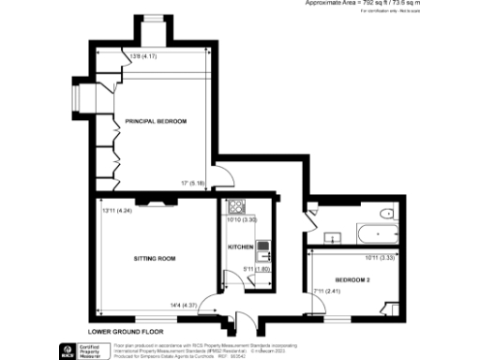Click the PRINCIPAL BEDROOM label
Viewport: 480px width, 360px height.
pos(157,121)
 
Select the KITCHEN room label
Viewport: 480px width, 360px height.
pos(241,247)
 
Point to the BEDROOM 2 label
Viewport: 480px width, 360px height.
pos(350,280)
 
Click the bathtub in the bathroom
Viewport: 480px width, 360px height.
pos(376,230)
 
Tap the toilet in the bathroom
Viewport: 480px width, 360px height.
pos(383,214)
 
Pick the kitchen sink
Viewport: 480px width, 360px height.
pos(263,250)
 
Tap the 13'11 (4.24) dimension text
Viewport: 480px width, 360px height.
pos(119,210)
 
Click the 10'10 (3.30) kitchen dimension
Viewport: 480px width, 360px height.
pos(243,220)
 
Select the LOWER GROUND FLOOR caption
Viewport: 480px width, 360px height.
pos(126,332)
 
